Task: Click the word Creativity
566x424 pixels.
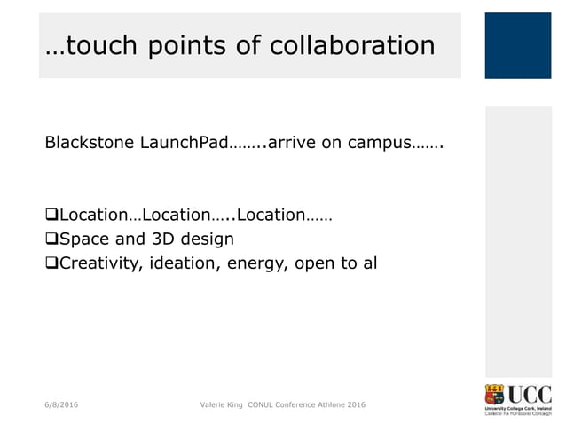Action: click(x=97, y=263)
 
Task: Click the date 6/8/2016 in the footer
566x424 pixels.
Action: click(x=61, y=405)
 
